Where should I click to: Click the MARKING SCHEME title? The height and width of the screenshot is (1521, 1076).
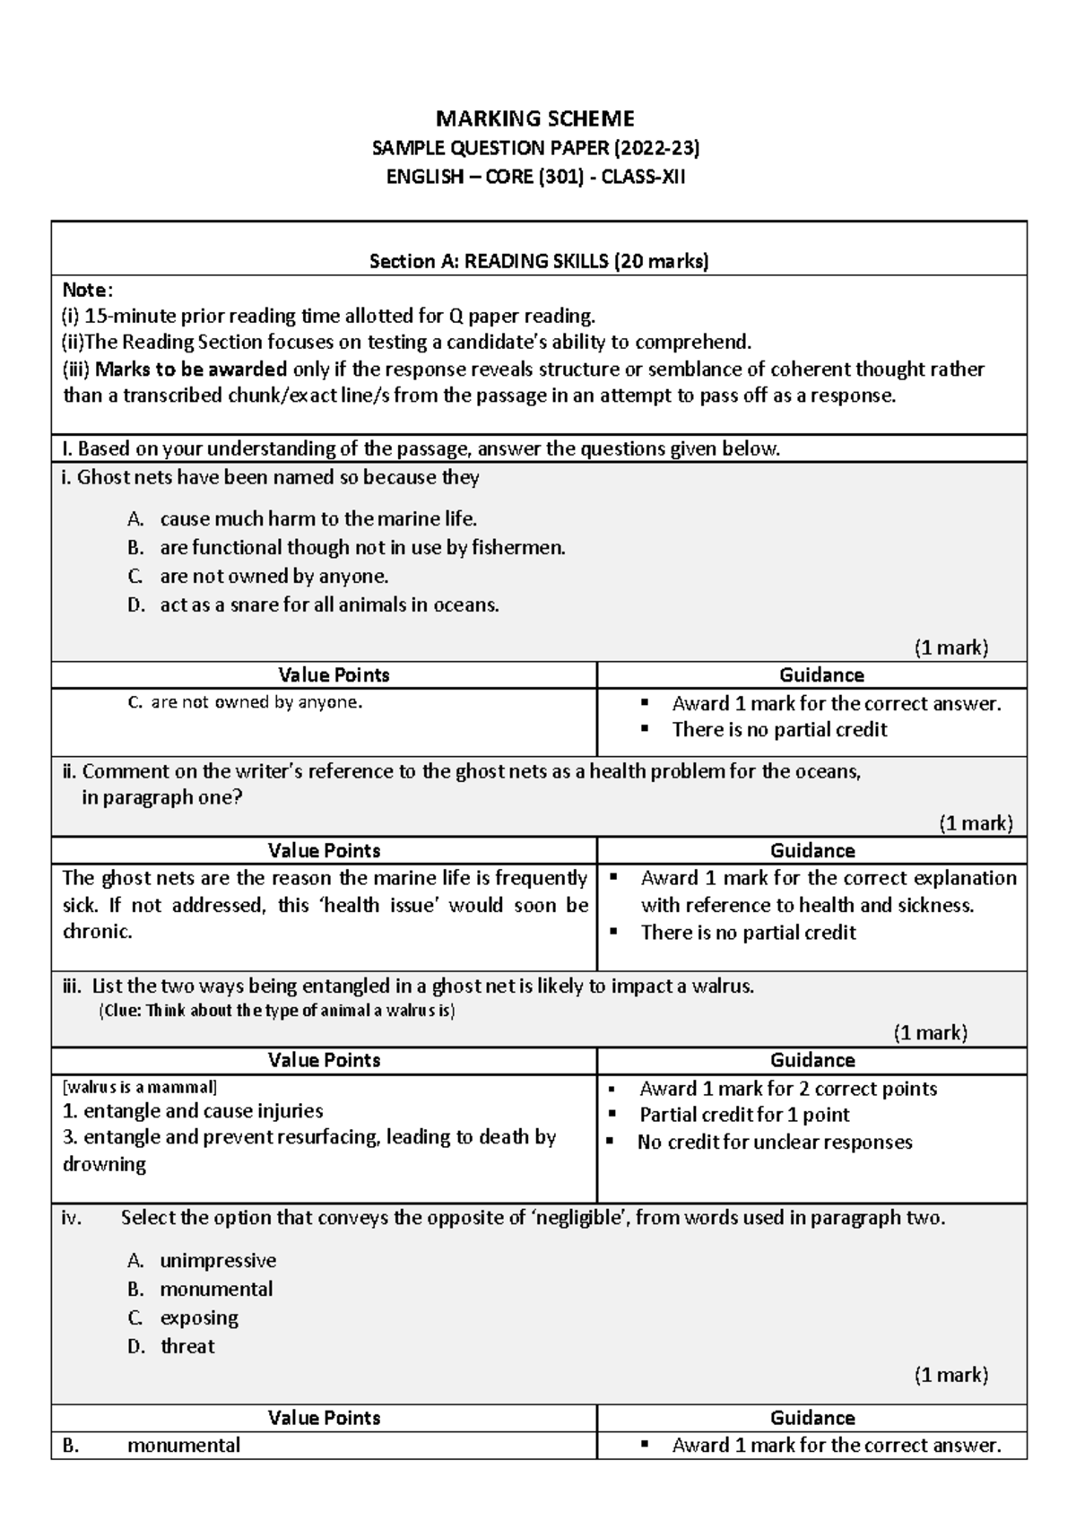pyautogui.click(x=535, y=118)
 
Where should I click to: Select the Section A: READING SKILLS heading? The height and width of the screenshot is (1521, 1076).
pyautogui.click(x=539, y=261)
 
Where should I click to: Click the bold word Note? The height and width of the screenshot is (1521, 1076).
pyautogui.click(x=85, y=289)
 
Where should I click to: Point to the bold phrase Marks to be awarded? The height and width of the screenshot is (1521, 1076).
pyautogui.click(x=191, y=369)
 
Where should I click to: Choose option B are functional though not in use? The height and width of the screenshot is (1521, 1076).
pyautogui.click(x=362, y=547)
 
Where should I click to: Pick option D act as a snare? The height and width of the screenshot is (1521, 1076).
pyautogui.click(x=328, y=604)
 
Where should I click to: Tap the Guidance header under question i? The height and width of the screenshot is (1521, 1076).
pyautogui.click(x=821, y=675)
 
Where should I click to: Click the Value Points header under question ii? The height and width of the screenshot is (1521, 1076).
pyautogui.click(x=325, y=850)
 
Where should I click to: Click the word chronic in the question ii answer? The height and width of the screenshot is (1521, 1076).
pyautogui.click(x=97, y=931)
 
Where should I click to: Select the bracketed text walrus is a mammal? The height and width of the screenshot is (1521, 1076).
pyautogui.click(x=139, y=1087)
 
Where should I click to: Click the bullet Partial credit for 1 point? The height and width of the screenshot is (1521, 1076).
pyautogui.click(x=744, y=1115)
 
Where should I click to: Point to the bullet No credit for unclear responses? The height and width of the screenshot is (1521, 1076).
pyautogui.click(x=775, y=1142)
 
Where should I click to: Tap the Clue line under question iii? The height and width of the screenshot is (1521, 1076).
pyautogui.click(x=276, y=1011)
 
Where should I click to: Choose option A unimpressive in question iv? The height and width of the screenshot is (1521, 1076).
pyautogui.click(x=217, y=1260)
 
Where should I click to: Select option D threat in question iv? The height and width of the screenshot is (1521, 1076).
pyautogui.click(x=187, y=1346)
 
